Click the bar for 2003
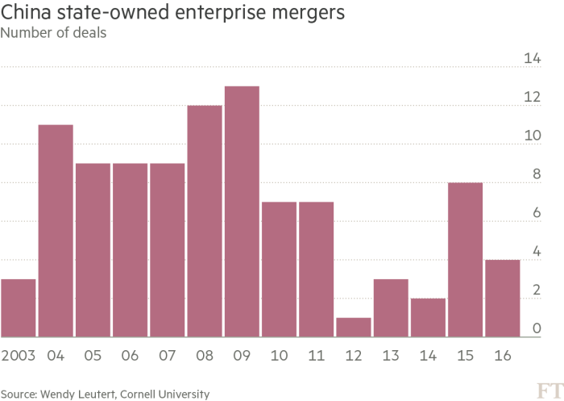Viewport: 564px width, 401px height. tap(19, 307)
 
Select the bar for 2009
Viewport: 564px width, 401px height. tap(242, 211)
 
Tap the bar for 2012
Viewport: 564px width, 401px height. tap(353, 327)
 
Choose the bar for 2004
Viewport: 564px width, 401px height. tap(56, 231)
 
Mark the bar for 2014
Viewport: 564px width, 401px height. tap(428, 317)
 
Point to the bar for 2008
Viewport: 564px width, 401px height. tap(205, 221)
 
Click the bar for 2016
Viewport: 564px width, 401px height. tap(502, 298)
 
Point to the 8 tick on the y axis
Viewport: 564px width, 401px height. tap(536, 174)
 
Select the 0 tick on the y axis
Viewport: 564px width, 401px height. tap(536, 329)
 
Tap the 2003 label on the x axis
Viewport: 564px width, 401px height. tap(19, 354)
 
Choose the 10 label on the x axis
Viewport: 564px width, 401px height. tap(279, 354)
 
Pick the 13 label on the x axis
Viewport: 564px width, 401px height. tap(391, 354)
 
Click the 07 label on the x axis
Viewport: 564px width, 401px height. tap(168, 354)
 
